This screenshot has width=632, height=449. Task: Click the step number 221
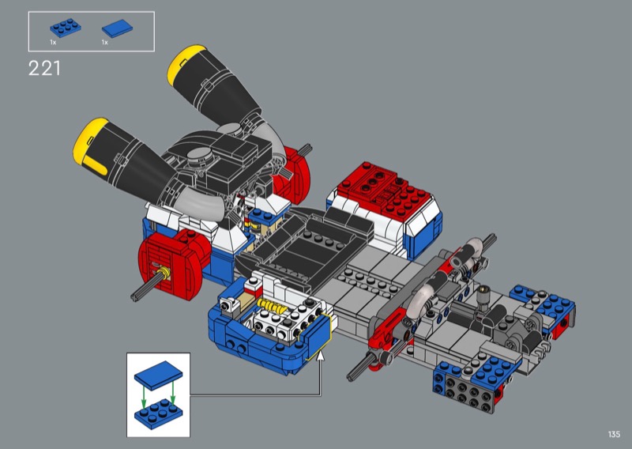44,68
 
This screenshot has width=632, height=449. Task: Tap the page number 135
614,434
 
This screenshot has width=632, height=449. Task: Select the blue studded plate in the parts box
66,28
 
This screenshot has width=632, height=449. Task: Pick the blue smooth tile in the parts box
117,28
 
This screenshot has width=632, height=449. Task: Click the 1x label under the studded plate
53,43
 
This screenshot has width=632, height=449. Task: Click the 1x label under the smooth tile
105,43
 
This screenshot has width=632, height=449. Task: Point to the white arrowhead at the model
321,356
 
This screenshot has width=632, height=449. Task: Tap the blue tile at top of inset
159,375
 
